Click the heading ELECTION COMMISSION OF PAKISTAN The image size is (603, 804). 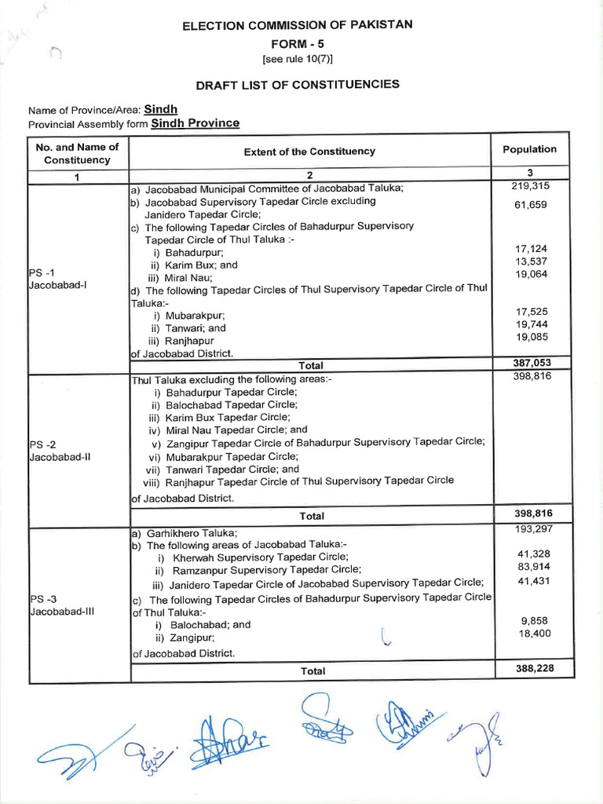tap(298, 26)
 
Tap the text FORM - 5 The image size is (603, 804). tap(298, 45)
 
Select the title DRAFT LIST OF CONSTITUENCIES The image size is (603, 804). tap(298, 85)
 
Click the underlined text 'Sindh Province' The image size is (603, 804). tap(196, 123)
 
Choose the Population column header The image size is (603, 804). tap(530, 149)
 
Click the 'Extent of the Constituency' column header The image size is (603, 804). tap(309, 152)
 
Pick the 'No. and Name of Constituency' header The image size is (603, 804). tap(77, 153)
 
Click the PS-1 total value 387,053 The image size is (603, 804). tap(532, 364)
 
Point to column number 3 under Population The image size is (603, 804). tap(531, 173)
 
